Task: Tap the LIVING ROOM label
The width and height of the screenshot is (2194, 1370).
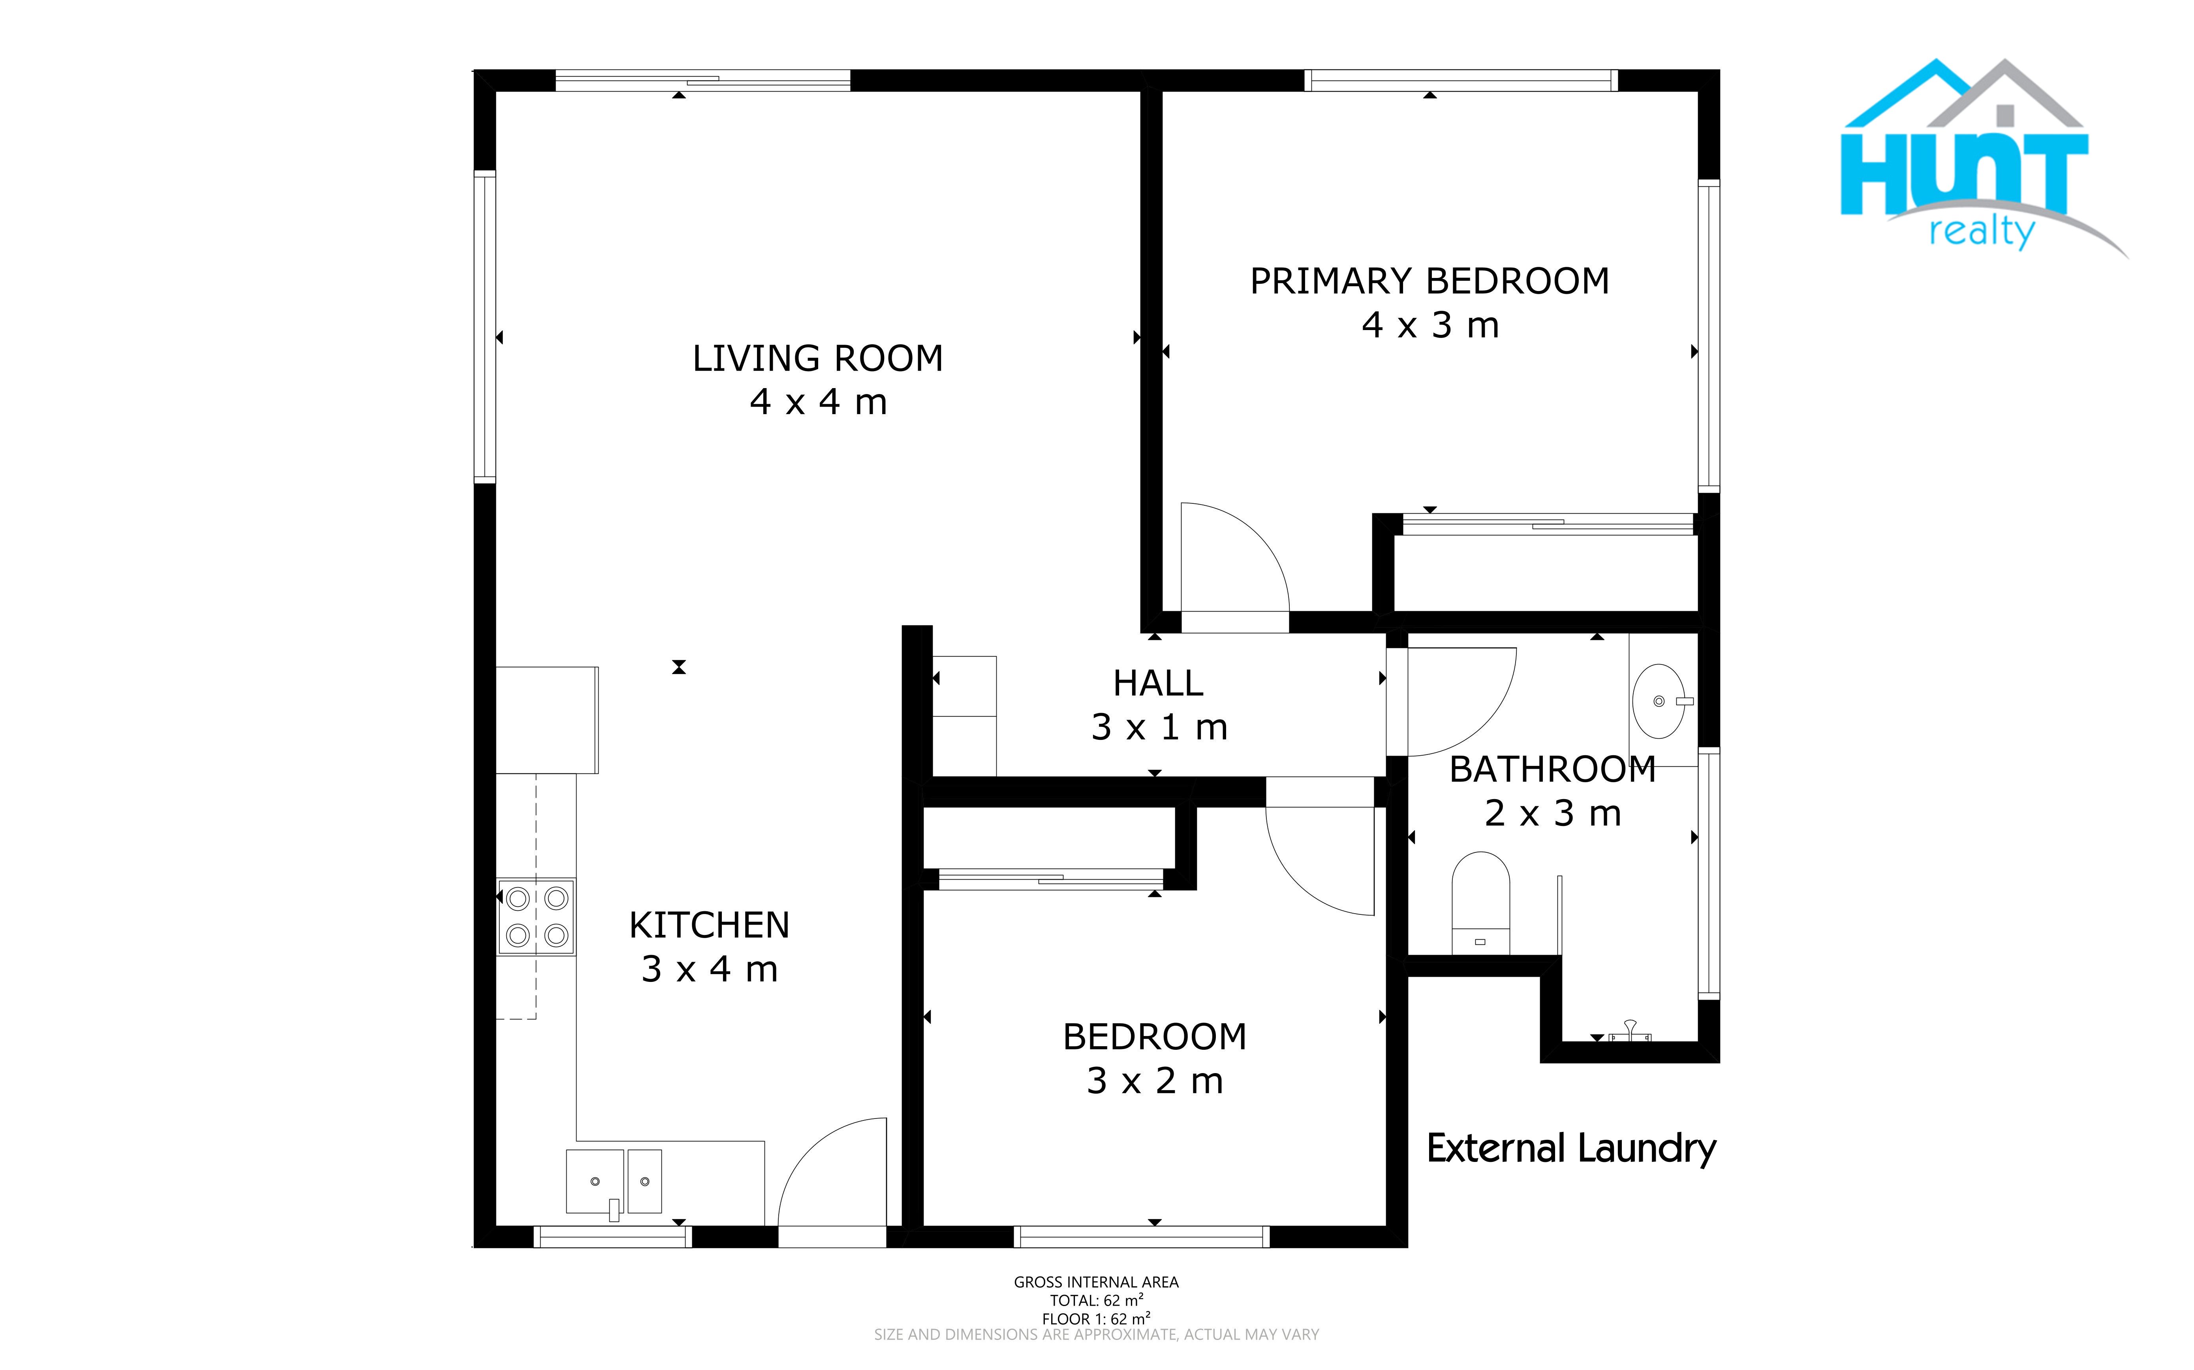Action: tap(817, 359)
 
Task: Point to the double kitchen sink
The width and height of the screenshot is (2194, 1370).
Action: tap(614, 1182)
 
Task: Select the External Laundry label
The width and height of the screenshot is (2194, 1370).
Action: tap(1570, 1149)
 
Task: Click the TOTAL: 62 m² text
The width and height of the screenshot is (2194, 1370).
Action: tap(1096, 1300)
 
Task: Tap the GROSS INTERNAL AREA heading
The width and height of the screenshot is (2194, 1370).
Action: tap(1096, 1282)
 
